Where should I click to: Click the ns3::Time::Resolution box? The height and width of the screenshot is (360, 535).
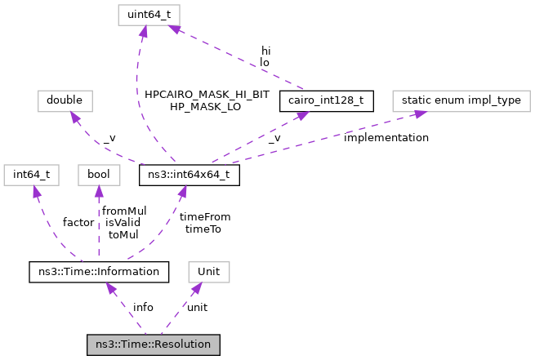154,344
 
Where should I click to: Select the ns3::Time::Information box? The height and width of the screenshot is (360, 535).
99,271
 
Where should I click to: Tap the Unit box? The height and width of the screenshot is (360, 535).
209,271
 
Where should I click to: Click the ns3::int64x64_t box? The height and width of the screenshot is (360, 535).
189,175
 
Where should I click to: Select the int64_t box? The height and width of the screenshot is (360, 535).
30,175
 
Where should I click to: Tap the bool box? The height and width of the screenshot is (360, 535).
99,175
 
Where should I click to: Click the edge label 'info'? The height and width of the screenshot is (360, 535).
143,307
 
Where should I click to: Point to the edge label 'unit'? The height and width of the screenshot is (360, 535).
197,307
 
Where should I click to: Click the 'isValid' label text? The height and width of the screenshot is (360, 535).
123,222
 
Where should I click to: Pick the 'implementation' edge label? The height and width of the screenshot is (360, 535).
386,138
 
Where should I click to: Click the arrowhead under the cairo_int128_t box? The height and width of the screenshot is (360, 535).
301,117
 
